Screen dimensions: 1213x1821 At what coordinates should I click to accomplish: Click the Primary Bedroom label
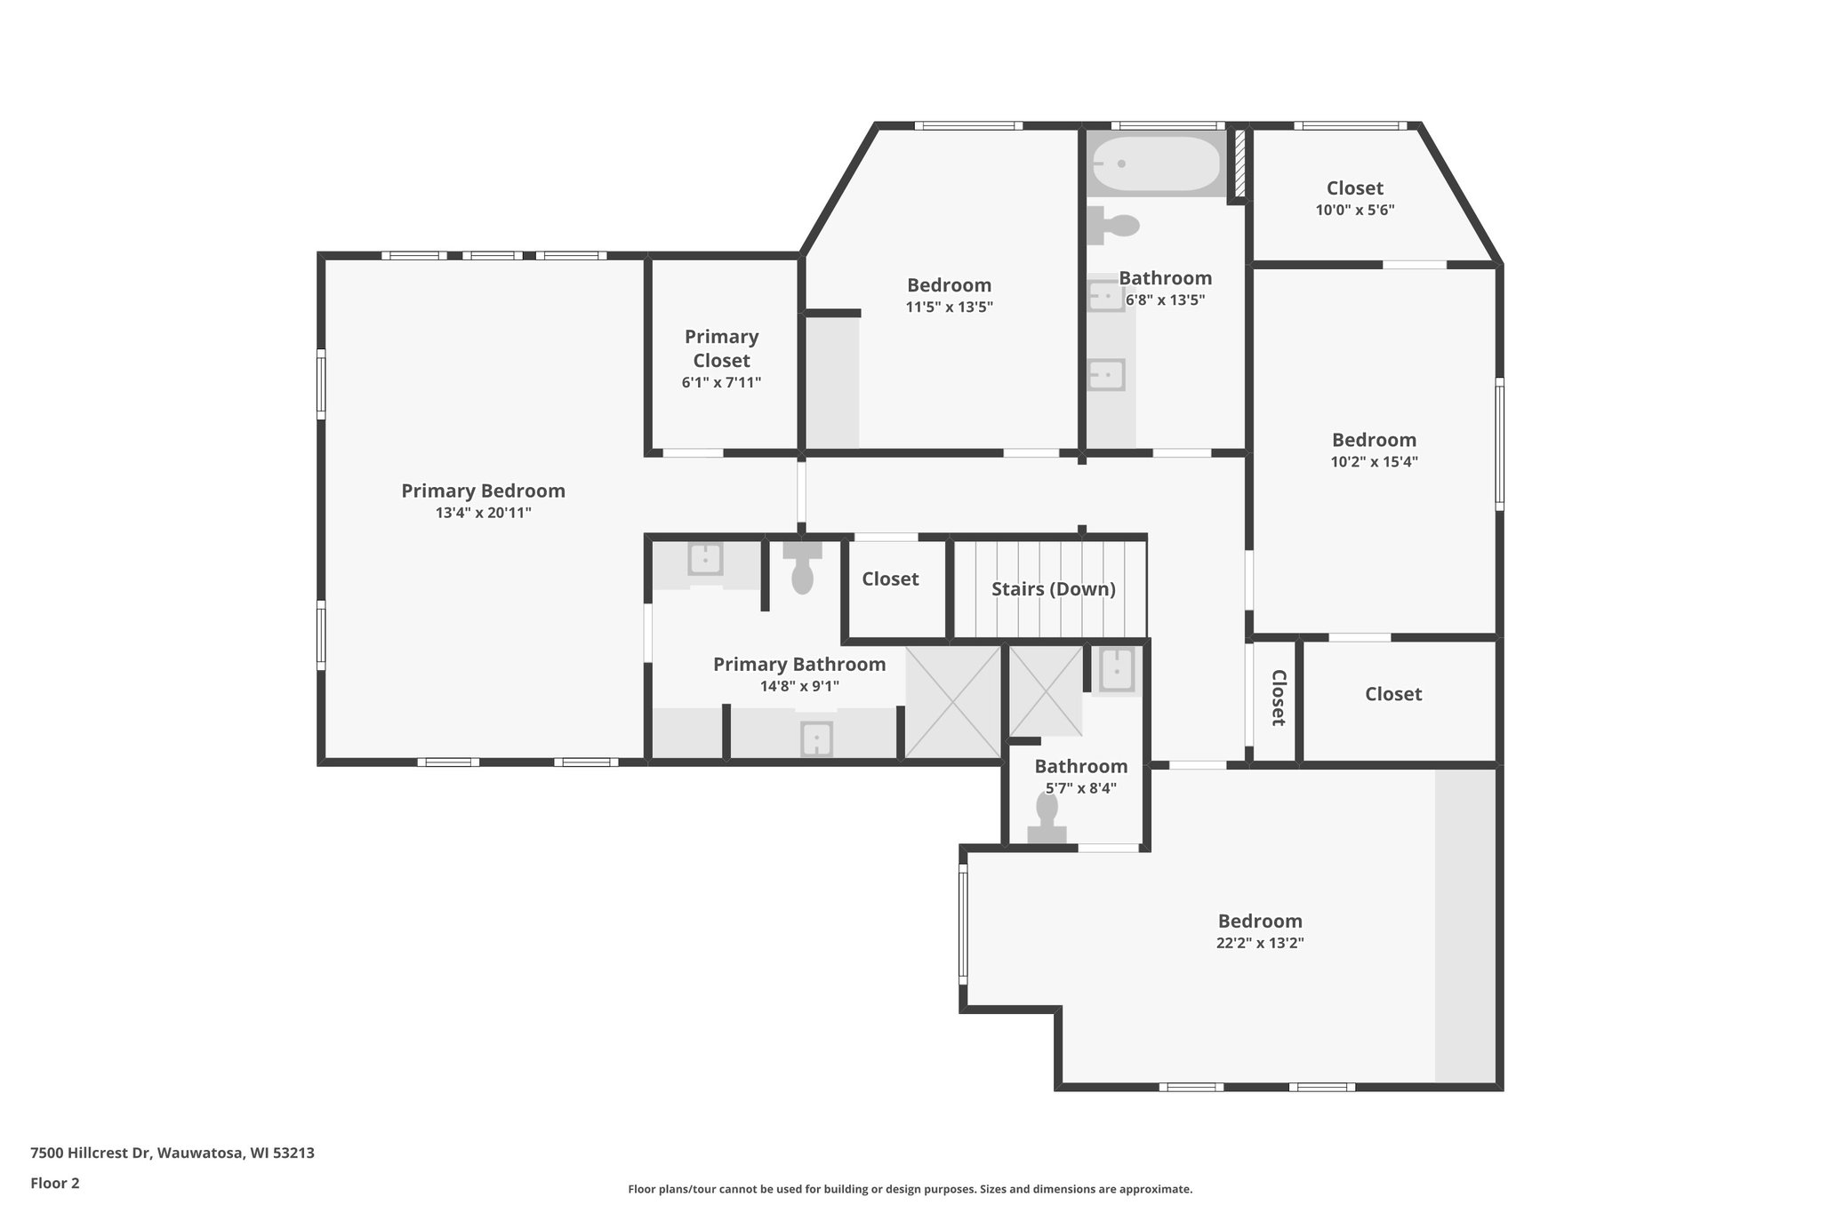[x=483, y=491]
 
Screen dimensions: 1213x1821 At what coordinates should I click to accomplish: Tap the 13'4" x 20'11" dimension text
[x=483, y=513]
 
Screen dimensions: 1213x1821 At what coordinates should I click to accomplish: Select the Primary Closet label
[x=721, y=348]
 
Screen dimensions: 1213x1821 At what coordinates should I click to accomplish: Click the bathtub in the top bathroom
[x=1156, y=164]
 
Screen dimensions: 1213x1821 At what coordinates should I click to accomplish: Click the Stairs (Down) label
[x=1053, y=589]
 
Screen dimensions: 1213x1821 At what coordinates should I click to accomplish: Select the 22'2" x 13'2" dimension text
[x=1259, y=943]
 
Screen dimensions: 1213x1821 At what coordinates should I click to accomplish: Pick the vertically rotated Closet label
[x=1278, y=698]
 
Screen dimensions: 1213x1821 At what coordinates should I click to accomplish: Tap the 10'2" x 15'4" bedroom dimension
[x=1374, y=462]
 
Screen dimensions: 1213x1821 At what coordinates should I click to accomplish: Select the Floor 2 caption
[x=55, y=1183]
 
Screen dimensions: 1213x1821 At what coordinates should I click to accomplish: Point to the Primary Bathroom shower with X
[x=953, y=702]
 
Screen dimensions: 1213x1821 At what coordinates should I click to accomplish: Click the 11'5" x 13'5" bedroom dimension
[x=949, y=307]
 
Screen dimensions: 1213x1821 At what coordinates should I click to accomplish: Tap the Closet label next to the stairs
[x=890, y=579]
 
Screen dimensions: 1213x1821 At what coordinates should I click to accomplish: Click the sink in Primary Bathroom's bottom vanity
[x=816, y=738]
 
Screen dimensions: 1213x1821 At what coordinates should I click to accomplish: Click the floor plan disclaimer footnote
[x=910, y=1189]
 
